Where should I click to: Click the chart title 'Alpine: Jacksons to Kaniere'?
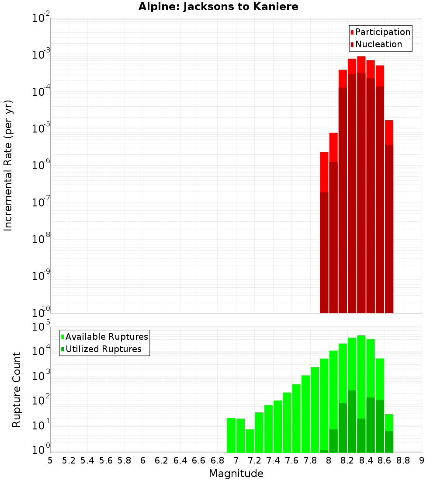tap(218, 7)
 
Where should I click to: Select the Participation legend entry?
tap(380, 32)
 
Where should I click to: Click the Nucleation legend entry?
tap(376, 44)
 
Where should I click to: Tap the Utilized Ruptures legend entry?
tap(101, 349)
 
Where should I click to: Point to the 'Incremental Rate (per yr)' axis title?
tap(8, 165)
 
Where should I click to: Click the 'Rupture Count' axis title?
tap(17, 390)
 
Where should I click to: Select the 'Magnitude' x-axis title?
tap(236, 474)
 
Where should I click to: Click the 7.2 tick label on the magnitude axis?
tap(254, 460)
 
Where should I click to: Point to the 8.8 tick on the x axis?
tap(403, 460)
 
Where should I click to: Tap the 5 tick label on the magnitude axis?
tap(50, 460)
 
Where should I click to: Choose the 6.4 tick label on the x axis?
tap(180, 460)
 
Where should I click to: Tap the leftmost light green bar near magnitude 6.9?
tap(231, 435)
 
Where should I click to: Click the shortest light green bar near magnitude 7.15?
tap(250, 441)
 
